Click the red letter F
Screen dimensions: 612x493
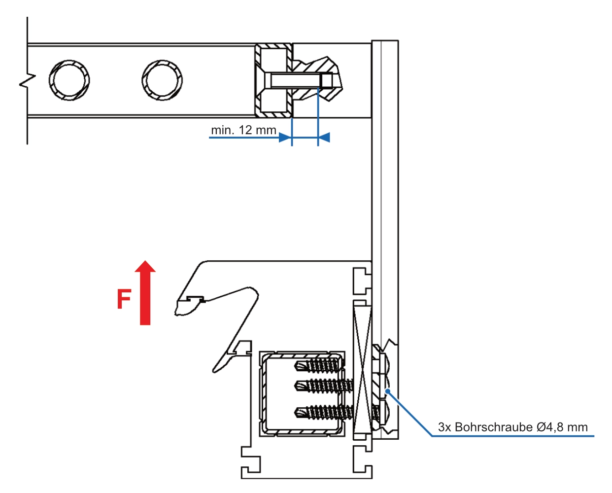tap(124, 299)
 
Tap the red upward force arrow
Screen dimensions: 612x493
tap(145, 293)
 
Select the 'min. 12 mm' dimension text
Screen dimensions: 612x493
tap(243, 130)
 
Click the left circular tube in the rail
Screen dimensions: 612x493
tap(69, 80)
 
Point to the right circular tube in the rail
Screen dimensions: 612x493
tap(162, 80)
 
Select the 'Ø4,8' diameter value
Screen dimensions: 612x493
tap(550, 427)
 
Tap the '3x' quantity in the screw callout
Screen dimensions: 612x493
tap(444, 427)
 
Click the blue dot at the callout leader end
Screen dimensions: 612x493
tap(388, 392)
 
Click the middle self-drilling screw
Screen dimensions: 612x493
tap(324, 386)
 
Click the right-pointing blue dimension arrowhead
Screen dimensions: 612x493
tap(285, 138)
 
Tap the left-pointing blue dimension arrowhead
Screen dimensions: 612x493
tap(324, 138)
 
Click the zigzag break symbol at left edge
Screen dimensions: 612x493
tap(27, 80)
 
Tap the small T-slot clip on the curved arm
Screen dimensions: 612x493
tap(196, 299)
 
